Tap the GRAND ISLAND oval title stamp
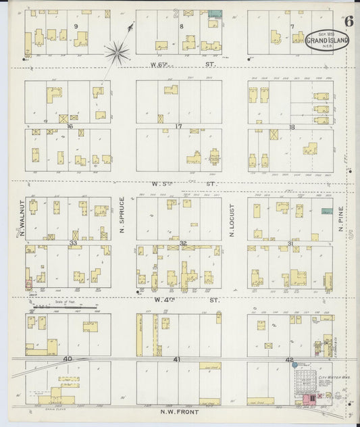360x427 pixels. pos(328,41)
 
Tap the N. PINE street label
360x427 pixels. pos(340,219)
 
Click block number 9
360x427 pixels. pos(76,26)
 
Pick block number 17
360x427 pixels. pos(178,126)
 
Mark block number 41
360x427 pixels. pos(178,359)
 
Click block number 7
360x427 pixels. pos(292,27)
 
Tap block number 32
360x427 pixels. pos(182,242)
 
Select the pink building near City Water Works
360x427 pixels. pos(313,400)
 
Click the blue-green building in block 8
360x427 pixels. pos(215,14)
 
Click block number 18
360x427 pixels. pos(292,126)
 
